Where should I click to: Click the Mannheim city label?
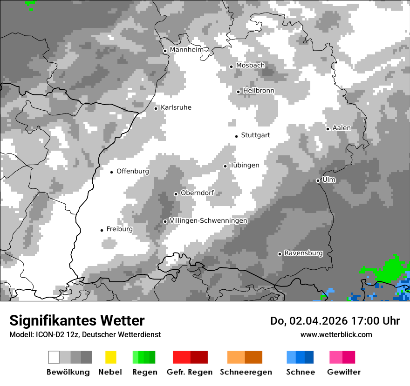pyautogui.click(x=186, y=50)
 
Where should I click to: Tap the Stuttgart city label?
pyautogui.click(x=255, y=135)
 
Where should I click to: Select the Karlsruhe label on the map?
pyautogui.click(x=176, y=107)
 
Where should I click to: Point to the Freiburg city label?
pyautogui.click(x=119, y=229)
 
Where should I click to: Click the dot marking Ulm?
pyautogui.click(x=318, y=180)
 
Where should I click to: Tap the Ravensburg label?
pyautogui.click(x=303, y=253)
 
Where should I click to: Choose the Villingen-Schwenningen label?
pyautogui.click(x=208, y=220)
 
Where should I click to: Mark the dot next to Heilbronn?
pyautogui.click(x=238, y=92)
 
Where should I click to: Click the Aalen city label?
pyautogui.click(x=342, y=128)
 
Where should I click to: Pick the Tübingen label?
pyautogui.click(x=245, y=165)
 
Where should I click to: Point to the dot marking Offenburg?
pyautogui.click(x=112, y=172)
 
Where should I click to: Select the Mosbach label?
pyautogui.click(x=250, y=66)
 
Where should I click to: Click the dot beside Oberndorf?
pyautogui.click(x=176, y=194)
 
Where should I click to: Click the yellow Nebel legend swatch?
pyautogui.click(x=110, y=357)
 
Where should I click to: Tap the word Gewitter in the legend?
pyautogui.click(x=344, y=372)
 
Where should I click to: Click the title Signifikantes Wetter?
pyautogui.click(x=77, y=320)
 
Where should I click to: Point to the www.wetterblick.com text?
pyautogui.click(x=336, y=334)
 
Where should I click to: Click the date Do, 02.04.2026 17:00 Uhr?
pyautogui.click(x=335, y=321)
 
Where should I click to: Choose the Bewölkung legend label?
pyautogui.click(x=68, y=372)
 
